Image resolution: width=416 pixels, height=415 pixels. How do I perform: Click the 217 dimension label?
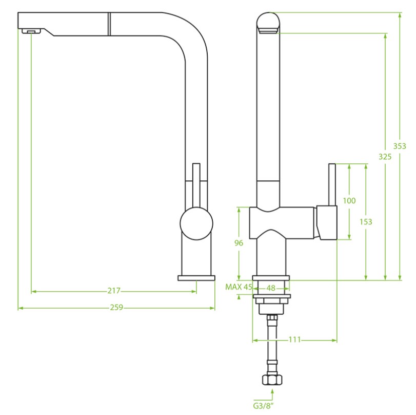pos(114,291)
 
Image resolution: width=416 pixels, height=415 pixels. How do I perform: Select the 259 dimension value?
pos(117,307)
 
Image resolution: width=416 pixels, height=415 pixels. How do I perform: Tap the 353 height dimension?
pos(400,146)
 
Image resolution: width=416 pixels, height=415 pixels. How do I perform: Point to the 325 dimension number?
pos(385,157)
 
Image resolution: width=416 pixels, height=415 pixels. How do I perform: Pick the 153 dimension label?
pos(366,221)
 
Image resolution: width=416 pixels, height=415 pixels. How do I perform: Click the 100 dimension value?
pos(349,201)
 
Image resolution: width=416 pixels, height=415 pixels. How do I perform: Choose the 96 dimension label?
pos(239,243)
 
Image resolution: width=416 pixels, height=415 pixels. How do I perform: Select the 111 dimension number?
pos(294,339)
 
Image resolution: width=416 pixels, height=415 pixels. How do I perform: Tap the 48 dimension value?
pos(271,288)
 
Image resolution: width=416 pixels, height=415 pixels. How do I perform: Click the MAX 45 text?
pos(239,287)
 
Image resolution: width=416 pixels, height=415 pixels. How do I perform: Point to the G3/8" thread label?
pos(263,406)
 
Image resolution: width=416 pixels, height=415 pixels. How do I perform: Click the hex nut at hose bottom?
pos(272,380)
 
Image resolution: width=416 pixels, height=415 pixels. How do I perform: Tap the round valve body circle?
pos(196,223)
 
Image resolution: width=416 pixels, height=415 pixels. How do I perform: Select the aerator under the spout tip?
pos(31,31)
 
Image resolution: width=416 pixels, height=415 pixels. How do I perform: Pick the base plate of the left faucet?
pos(196,278)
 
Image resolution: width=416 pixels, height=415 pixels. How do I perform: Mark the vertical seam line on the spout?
pos(109,24)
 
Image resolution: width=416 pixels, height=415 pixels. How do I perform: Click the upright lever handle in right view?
pos(332,185)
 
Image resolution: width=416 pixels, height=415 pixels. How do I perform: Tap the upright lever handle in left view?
pos(196,185)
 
